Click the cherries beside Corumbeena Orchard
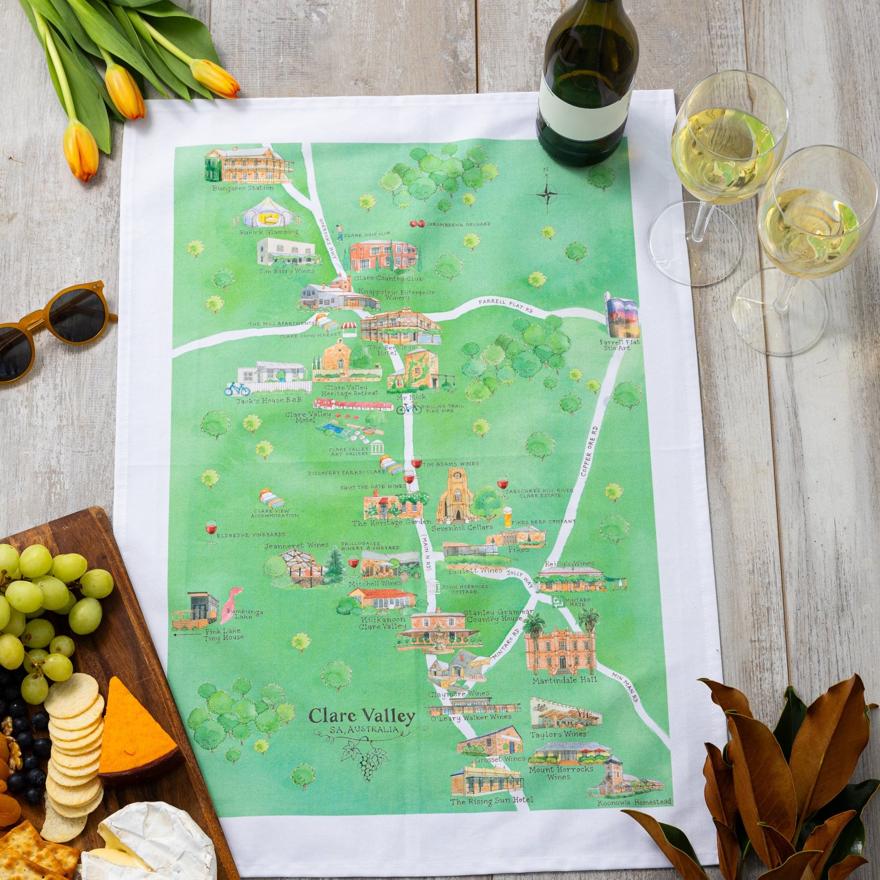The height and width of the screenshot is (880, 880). (417, 224)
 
